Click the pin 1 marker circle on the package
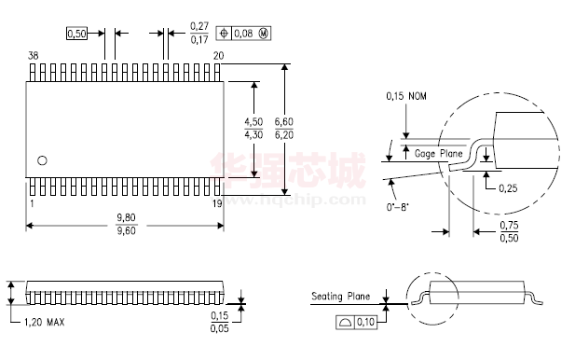[42, 160]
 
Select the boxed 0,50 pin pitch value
[77, 34]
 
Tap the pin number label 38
[33, 55]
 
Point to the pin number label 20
[219, 55]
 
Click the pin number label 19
[217, 203]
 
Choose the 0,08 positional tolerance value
[243, 34]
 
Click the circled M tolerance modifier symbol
[264, 34]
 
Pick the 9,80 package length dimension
[126, 217]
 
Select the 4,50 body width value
[253, 121]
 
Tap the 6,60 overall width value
[284, 121]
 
